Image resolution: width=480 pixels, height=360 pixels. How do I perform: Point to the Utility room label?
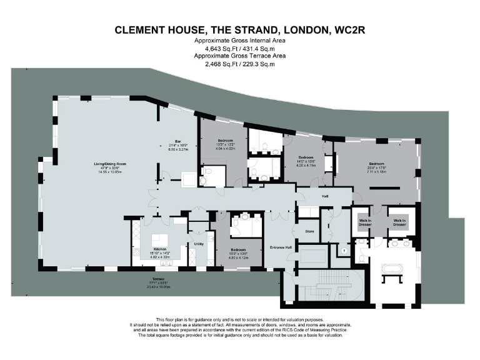(199, 244)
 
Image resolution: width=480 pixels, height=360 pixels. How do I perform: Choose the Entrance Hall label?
(281, 247)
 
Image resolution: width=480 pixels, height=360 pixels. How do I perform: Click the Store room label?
(309, 231)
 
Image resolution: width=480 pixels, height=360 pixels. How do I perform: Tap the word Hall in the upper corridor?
(325, 196)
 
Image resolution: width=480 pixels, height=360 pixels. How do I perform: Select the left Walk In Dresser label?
(365, 222)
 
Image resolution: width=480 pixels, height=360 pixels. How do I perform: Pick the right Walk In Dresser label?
(399, 222)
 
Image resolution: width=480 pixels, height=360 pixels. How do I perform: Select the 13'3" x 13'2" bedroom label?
(226, 144)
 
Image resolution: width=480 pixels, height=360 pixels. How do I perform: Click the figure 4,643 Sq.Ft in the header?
(221, 47)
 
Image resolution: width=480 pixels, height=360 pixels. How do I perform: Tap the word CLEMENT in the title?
(141, 30)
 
